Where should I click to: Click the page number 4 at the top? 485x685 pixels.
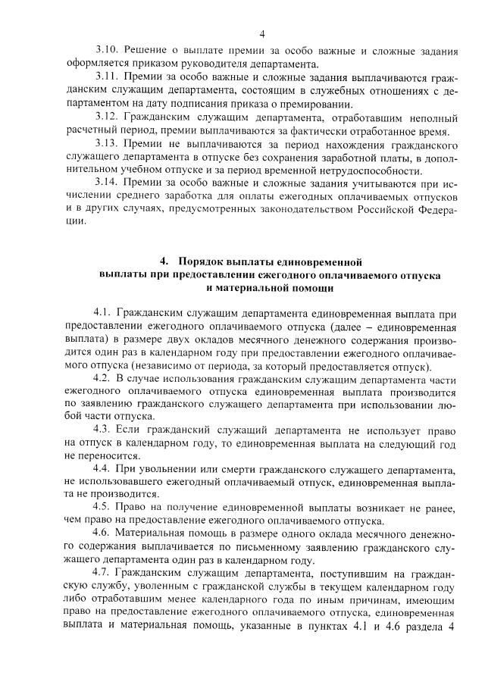click(x=261, y=33)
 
